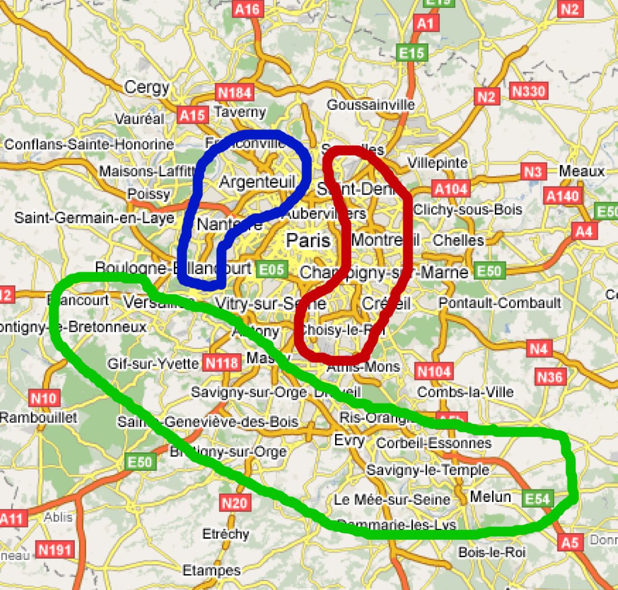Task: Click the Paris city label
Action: pos(308,240)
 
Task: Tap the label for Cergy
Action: pos(147,88)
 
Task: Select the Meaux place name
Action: pos(582,171)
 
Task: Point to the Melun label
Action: pos(490,497)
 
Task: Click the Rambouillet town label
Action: pos(38,418)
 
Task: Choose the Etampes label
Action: pos(211,570)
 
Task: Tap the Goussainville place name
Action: pos(370,105)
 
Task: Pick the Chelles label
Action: pos(458,240)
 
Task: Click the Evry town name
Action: pos(349,440)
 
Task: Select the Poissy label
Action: pos(149,194)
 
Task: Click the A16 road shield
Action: pos(248,9)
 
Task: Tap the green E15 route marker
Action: pos(411,53)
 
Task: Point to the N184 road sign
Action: pos(234,93)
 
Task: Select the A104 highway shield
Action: pos(451,189)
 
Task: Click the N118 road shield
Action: pos(222,363)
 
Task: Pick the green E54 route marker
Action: pos(537,498)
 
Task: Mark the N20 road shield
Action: pos(234,502)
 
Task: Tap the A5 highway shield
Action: pos(570,542)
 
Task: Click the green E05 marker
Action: pos(272,270)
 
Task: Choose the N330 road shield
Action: pos(528,91)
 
